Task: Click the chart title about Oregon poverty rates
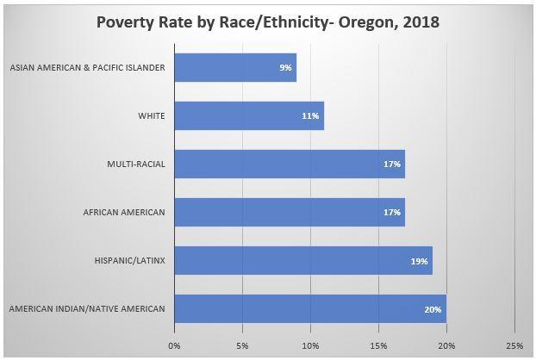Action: click(268, 22)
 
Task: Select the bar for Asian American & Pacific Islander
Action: click(235, 67)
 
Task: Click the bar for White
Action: click(249, 115)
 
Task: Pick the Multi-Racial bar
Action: click(290, 164)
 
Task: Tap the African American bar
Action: click(290, 212)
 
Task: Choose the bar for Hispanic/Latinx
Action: click(303, 260)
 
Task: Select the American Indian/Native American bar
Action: click(310, 308)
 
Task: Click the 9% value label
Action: click(285, 67)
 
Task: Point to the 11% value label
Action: click(312, 115)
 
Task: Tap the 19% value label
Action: click(421, 260)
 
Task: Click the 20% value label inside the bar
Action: click(433, 308)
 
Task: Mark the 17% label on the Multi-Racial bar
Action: click(393, 164)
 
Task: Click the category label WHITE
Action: click(153, 115)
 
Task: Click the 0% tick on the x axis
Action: click(175, 345)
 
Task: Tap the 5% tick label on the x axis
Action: click(243, 345)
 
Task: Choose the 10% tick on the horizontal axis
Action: click(310, 345)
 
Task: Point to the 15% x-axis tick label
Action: click(378, 345)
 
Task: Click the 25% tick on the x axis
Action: click(514, 345)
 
